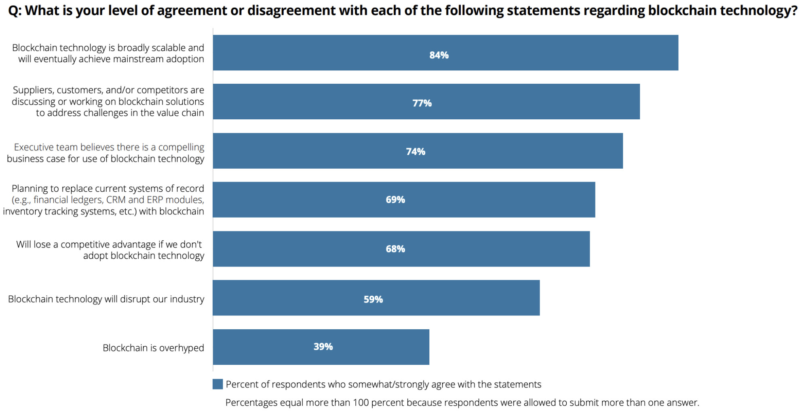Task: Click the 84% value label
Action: (x=439, y=55)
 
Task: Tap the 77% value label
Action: (x=422, y=103)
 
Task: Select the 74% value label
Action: (x=416, y=152)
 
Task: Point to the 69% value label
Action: (x=395, y=200)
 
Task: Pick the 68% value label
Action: (x=395, y=249)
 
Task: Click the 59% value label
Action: (x=373, y=299)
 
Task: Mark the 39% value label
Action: (x=323, y=347)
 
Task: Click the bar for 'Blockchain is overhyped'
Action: (x=321, y=347)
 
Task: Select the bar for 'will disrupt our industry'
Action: (x=376, y=298)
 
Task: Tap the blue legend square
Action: (x=218, y=384)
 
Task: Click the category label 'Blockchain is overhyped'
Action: (x=153, y=348)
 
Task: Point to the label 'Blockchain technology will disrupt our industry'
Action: (x=106, y=299)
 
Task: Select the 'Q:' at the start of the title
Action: (x=15, y=11)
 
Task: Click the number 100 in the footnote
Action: (x=361, y=402)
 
